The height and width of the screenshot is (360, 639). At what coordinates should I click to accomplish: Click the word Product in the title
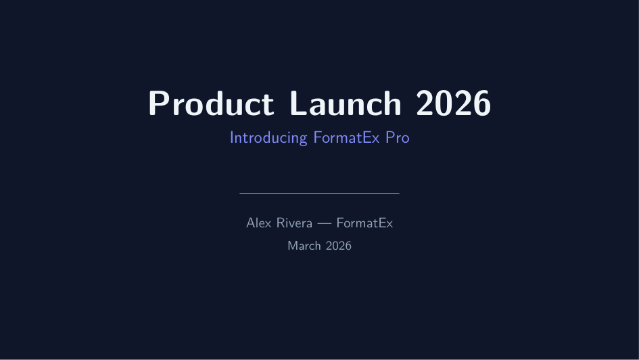(x=211, y=103)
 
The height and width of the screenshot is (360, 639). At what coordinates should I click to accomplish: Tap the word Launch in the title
(x=346, y=103)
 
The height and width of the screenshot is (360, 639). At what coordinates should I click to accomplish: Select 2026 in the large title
(x=453, y=103)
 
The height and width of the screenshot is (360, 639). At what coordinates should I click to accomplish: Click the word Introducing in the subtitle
(x=268, y=138)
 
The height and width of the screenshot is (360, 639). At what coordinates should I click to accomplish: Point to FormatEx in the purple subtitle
(x=346, y=137)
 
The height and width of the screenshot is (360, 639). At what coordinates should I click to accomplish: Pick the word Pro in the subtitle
(x=398, y=137)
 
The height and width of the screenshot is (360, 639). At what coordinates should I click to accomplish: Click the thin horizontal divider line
(x=319, y=194)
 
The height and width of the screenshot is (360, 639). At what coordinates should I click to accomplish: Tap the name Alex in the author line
(x=259, y=223)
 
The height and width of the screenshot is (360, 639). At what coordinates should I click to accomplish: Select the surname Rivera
(x=294, y=223)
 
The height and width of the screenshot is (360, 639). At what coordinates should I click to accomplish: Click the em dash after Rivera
(x=325, y=223)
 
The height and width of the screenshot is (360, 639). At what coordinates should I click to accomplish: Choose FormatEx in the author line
(x=364, y=223)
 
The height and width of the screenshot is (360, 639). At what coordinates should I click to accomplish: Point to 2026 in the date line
(x=339, y=246)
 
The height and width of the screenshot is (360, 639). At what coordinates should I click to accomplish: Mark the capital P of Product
(x=158, y=103)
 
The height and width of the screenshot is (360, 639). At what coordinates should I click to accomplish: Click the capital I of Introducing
(x=232, y=137)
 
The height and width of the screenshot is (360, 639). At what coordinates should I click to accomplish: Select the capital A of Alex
(x=252, y=223)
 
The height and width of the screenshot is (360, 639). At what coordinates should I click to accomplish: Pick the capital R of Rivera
(x=281, y=223)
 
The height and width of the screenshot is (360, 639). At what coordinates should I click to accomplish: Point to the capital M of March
(x=293, y=246)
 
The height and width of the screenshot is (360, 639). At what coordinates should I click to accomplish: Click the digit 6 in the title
(x=481, y=103)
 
